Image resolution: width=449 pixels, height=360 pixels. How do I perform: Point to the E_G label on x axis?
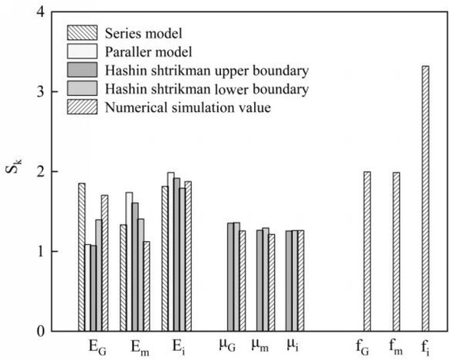pos(97,345)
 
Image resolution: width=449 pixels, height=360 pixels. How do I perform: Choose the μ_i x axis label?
pos(292,345)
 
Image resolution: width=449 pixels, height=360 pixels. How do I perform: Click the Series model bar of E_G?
pos(81,256)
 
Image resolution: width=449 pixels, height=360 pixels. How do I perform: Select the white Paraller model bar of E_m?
pos(129,261)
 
